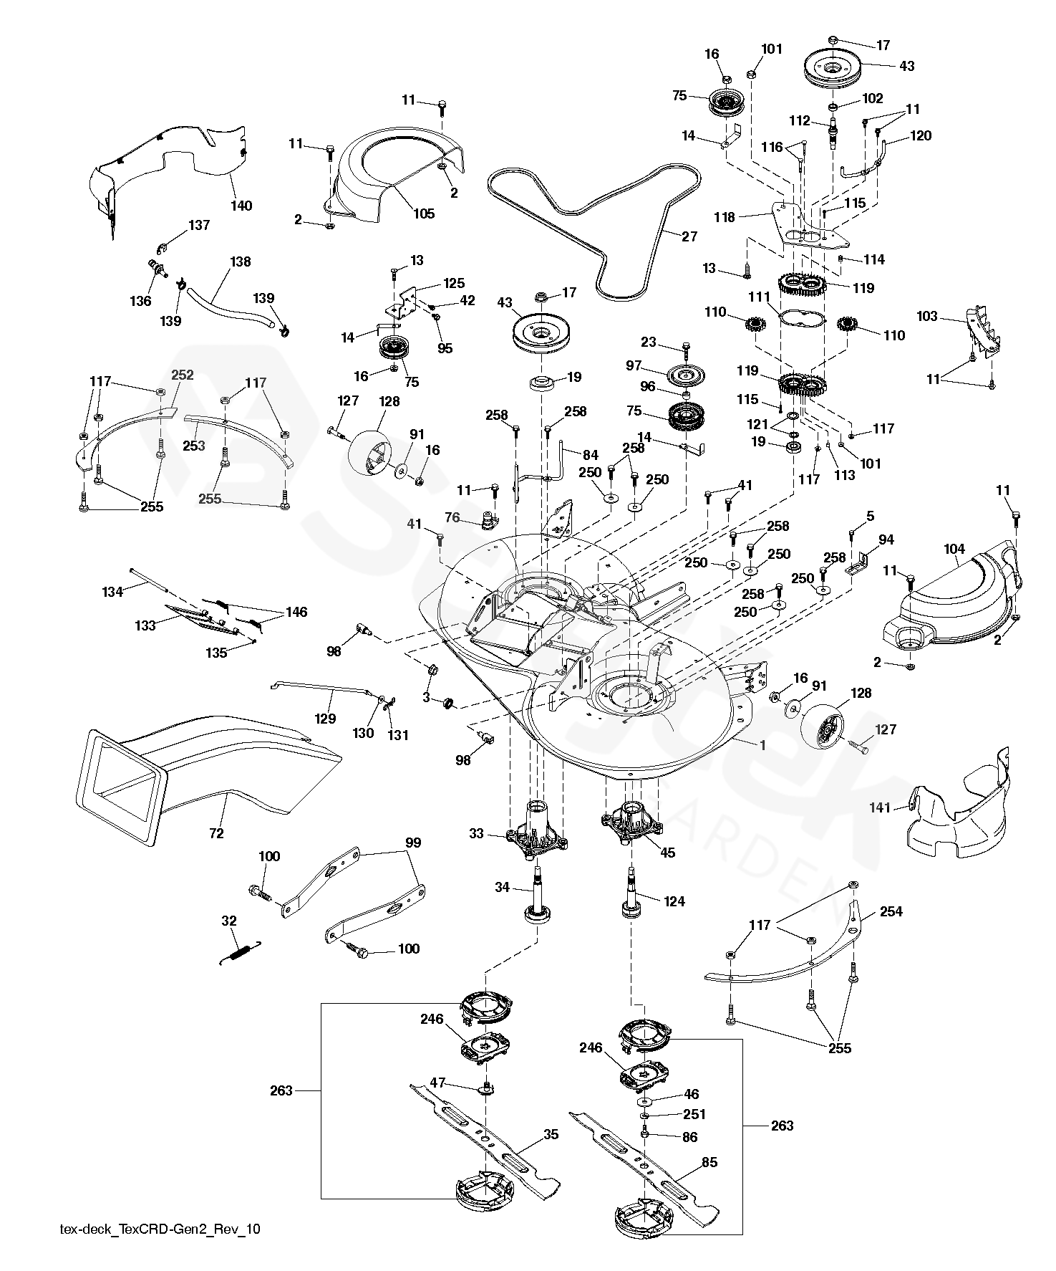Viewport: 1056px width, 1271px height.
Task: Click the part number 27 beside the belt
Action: pyautogui.click(x=689, y=236)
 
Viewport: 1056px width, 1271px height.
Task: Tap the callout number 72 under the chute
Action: pyautogui.click(x=216, y=833)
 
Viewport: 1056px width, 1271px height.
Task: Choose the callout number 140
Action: pyautogui.click(x=241, y=206)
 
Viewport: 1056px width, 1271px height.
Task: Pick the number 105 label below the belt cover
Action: pyautogui.click(x=424, y=214)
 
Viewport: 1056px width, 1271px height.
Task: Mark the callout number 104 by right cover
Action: pyautogui.click(x=954, y=550)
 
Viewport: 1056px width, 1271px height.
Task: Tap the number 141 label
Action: pyautogui.click(x=879, y=807)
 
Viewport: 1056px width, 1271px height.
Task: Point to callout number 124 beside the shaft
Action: pyautogui.click(x=674, y=901)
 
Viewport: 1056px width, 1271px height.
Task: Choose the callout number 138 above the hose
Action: pyautogui.click(x=241, y=262)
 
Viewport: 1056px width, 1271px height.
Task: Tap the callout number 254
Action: pyautogui.click(x=891, y=911)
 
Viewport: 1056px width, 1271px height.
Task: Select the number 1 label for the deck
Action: pyautogui.click(x=763, y=745)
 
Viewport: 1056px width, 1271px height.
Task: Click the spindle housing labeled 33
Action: pyautogui.click(x=537, y=835)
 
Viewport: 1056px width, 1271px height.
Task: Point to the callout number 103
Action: pyautogui.click(x=927, y=316)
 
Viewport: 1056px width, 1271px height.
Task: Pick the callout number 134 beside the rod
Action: pyautogui.click(x=112, y=592)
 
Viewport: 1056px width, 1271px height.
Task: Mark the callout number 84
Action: pyautogui.click(x=590, y=454)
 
